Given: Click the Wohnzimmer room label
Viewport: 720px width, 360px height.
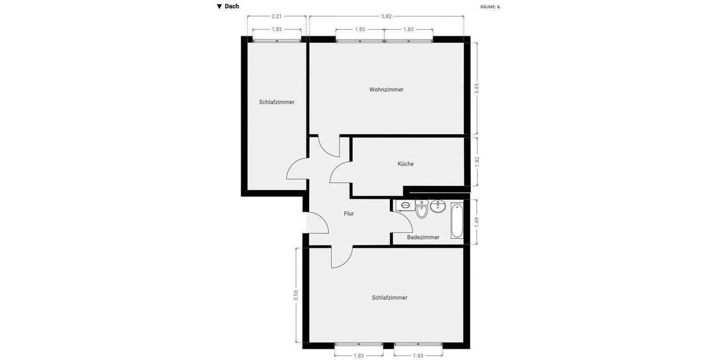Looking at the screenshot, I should click(x=386, y=89).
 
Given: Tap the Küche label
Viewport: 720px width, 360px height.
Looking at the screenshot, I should click(x=406, y=164).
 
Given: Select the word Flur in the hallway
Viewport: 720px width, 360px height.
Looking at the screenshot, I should click(x=349, y=214).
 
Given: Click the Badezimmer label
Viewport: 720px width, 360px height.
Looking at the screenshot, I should click(x=423, y=238).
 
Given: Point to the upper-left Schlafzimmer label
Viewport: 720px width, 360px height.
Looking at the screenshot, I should click(x=277, y=102).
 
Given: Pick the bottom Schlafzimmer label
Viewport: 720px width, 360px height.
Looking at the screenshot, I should click(x=389, y=298).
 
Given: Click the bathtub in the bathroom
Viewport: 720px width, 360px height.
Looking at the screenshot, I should click(x=457, y=221).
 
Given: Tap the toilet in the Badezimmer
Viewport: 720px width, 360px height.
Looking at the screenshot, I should click(x=421, y=211).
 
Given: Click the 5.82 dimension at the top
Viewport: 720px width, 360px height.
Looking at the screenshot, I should click(x=386, y=16).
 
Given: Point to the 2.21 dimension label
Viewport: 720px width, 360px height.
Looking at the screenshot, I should click(x=277, y=16).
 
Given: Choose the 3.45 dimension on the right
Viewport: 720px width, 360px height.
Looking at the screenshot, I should click(x=477, y=88).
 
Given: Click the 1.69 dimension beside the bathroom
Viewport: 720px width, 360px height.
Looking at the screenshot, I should click(x=477, y=221).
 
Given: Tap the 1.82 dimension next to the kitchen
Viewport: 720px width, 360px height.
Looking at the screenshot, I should click(x=477, y=161).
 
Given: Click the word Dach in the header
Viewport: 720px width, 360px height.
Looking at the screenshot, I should click(x=232, y=7).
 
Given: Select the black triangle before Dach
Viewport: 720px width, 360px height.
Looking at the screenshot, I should click(x=220, y=7).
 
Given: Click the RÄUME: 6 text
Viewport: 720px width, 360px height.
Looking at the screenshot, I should click(x=490, y=7).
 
